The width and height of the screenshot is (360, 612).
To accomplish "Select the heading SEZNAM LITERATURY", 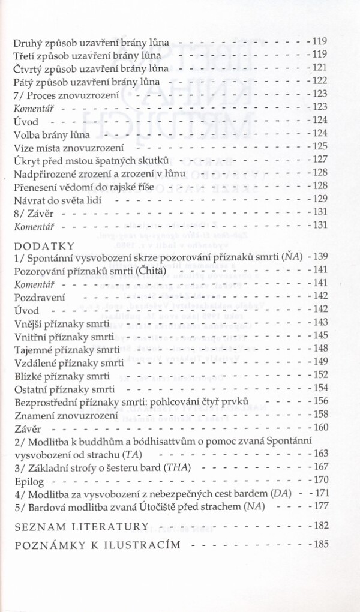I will click(x=80, y=526).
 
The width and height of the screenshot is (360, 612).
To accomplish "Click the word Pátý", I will click(x=23, y=80).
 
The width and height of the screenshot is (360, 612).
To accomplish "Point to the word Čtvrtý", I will click(x=27, y=67).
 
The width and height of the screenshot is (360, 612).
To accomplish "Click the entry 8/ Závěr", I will click(x=31, y=212).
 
